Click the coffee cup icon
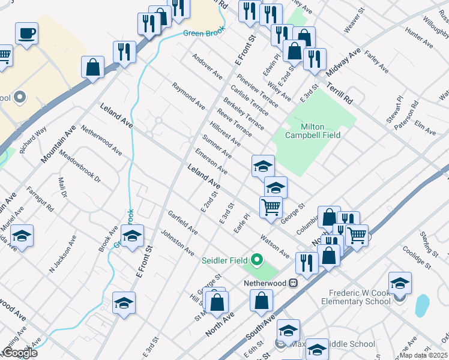[26, 34]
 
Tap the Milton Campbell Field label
[313, 131]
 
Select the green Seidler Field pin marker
[258, 260]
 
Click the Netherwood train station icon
[294, 282]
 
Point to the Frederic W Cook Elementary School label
[359, 297]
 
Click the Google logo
[19, 353]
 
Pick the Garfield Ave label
[182, 222]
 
